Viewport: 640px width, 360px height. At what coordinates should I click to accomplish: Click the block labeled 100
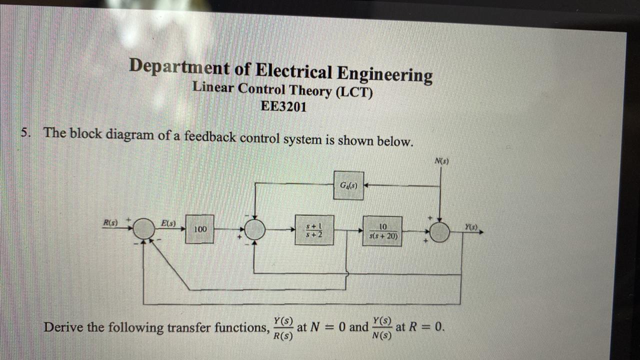point(199,229)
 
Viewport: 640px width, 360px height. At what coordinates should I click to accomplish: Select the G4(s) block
point(348,185)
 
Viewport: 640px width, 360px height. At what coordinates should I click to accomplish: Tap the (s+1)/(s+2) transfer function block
point(314,230)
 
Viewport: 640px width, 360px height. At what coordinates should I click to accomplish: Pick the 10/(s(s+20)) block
point(382,231)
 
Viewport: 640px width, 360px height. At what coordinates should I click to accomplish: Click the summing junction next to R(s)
point(145,228)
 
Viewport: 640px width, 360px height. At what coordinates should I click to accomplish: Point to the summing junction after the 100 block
point(255,229)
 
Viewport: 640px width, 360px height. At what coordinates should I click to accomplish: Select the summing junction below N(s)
point(439,231)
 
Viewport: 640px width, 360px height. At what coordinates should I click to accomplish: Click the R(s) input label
point(110,222)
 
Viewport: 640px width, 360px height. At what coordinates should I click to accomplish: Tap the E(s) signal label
point(167,223)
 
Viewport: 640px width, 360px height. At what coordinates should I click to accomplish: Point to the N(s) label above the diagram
point(441,161)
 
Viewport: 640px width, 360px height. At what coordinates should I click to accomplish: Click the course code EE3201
point(283,106)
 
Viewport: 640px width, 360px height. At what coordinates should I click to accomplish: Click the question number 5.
point(25,132)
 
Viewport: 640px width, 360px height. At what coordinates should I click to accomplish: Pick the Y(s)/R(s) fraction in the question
point(283,328)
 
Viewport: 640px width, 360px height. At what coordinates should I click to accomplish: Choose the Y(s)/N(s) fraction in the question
point(382,328)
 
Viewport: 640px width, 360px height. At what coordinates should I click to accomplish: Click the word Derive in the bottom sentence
point(63,327)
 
